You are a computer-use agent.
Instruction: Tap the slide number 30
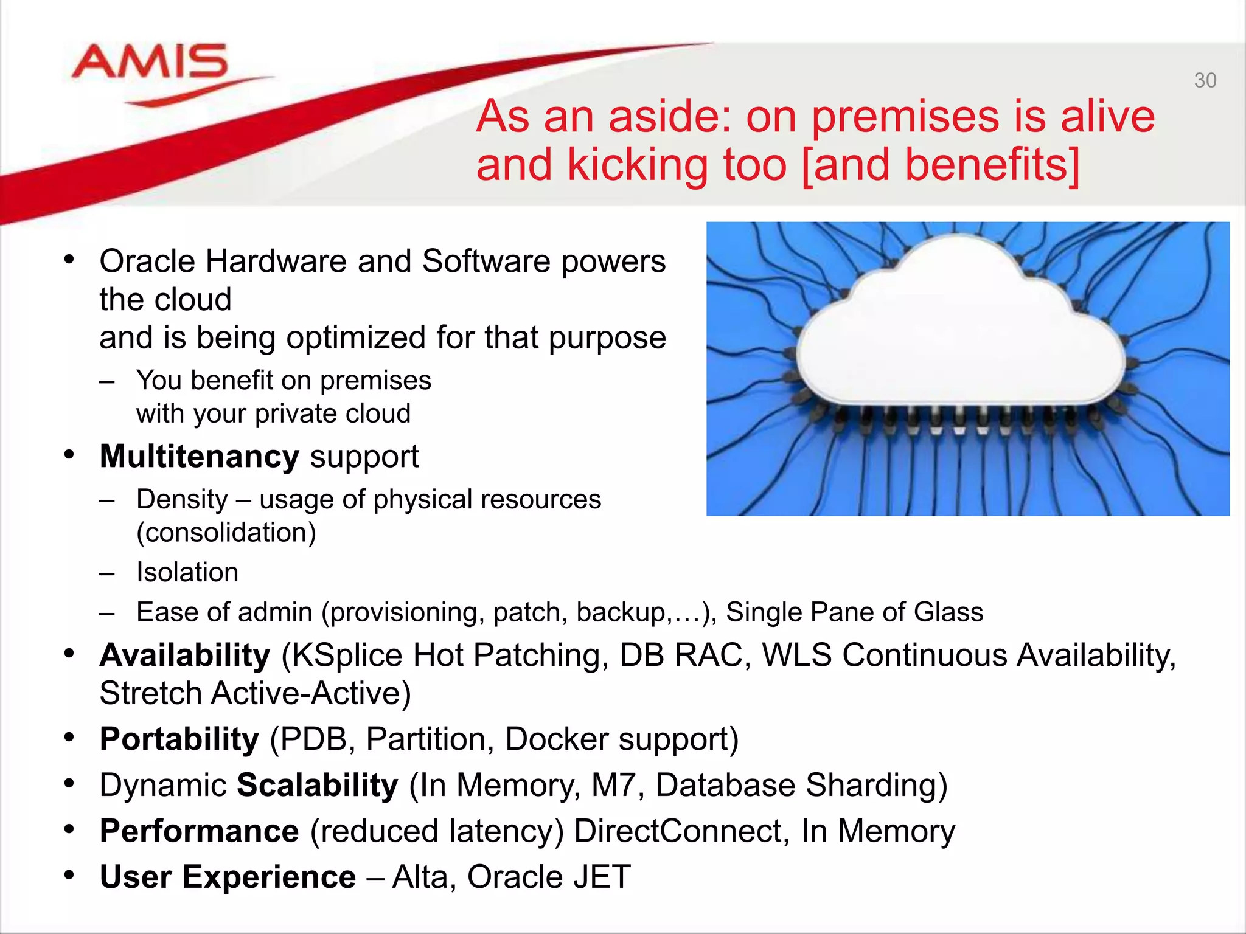(x=1205, y=81)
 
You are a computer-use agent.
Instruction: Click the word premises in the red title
(x=905, y=116)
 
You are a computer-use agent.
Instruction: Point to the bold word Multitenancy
(x=199, y=456)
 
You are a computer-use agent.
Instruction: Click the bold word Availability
(x=185, y=656)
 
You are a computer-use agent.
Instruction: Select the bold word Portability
(x=179, y=739)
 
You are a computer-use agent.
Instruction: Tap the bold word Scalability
(x=317, y=785)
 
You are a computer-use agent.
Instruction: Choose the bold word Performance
(x=199, y=831)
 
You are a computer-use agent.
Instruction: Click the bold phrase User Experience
(x=228, y=877)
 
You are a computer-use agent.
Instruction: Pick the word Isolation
(x=187, y=572)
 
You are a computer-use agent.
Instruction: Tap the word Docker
(x=556, y=740)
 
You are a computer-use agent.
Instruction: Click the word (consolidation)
(x=226, y=533)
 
